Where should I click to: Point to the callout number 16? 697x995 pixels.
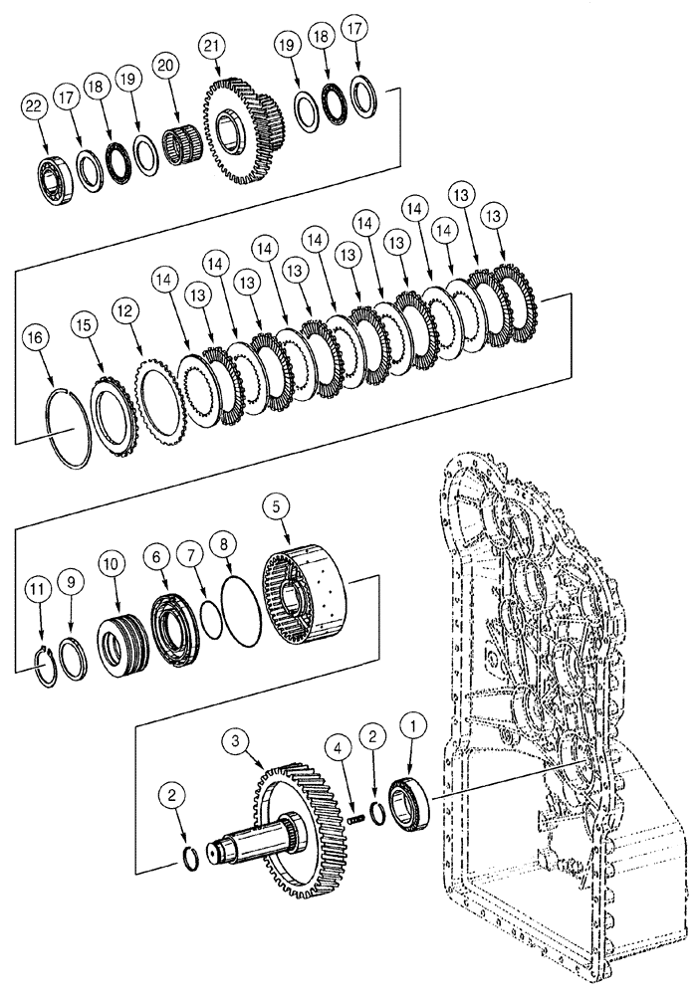(x=37, y=338)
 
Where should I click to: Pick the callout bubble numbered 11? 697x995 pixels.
(x=39, y=591)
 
